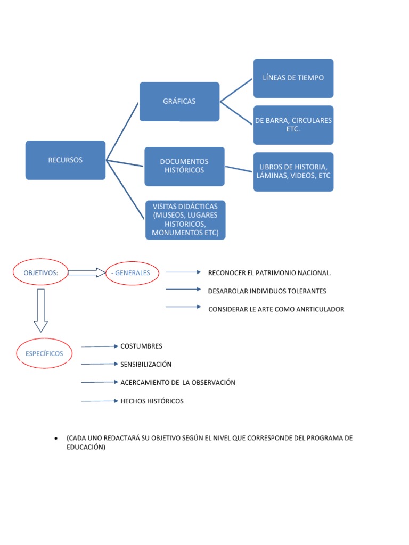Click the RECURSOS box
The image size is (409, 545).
click(66, 160)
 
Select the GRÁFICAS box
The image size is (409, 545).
click(179, 102)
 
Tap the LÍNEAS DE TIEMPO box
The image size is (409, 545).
click(293, 78)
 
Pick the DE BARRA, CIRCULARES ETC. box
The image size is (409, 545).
click(293, 125)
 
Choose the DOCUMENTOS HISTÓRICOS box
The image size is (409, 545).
click(184, 166)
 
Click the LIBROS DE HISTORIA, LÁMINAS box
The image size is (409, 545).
click(293, 171)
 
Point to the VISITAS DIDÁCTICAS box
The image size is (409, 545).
click(185, 220)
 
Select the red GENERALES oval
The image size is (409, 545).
click(132, 273)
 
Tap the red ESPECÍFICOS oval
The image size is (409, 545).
click(47, 353)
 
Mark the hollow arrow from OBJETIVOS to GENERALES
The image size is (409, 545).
click(87, 273)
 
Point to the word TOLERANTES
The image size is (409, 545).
click(307, 291)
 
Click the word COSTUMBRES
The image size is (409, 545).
click(141, 346)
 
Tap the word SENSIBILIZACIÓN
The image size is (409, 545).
click(146, 365)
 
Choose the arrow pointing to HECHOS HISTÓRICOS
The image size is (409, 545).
click(100, 401)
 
